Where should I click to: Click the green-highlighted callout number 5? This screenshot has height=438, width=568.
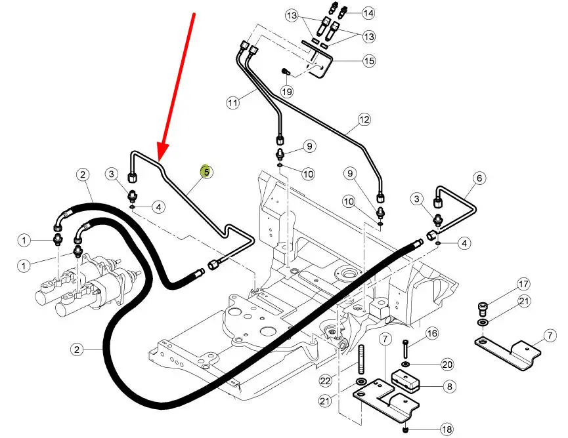click(206, 172)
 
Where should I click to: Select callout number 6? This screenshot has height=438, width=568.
click(479, 178)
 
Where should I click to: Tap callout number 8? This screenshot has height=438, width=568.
click(449, 387)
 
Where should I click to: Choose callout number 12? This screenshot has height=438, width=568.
click(364, 120)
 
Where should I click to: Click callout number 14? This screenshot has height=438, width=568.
click(368, 12)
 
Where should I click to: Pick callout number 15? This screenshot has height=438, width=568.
click(369, 61)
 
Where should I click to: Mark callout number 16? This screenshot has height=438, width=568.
click(431, 334)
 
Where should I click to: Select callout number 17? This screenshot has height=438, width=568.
click(523, 284)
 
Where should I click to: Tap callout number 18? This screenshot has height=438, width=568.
click(447, 430)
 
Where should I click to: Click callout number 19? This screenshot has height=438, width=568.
click(286, 92)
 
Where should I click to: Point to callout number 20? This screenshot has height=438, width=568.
click(447, 363)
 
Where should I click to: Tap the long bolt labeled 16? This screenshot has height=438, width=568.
click(406, 348)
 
